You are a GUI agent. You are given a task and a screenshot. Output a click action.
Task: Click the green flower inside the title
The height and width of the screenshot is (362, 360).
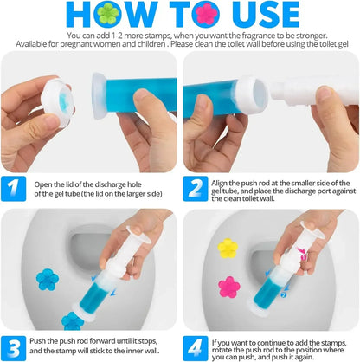(x=106, y=13)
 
